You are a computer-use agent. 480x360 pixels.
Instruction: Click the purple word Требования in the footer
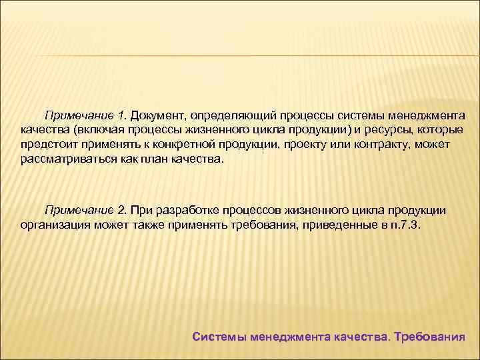click(x=429, y=336)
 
